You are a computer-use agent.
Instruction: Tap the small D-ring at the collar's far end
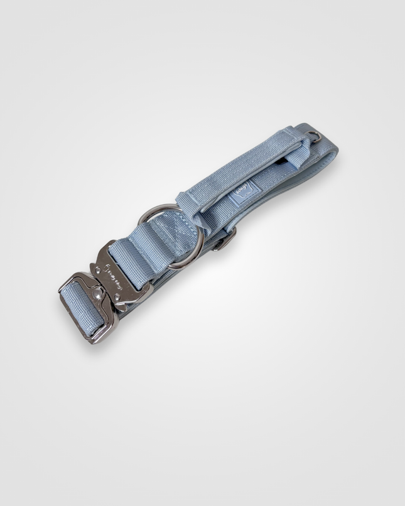[x=314, y=136]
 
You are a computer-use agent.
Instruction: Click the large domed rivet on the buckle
[x=97, y=293]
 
